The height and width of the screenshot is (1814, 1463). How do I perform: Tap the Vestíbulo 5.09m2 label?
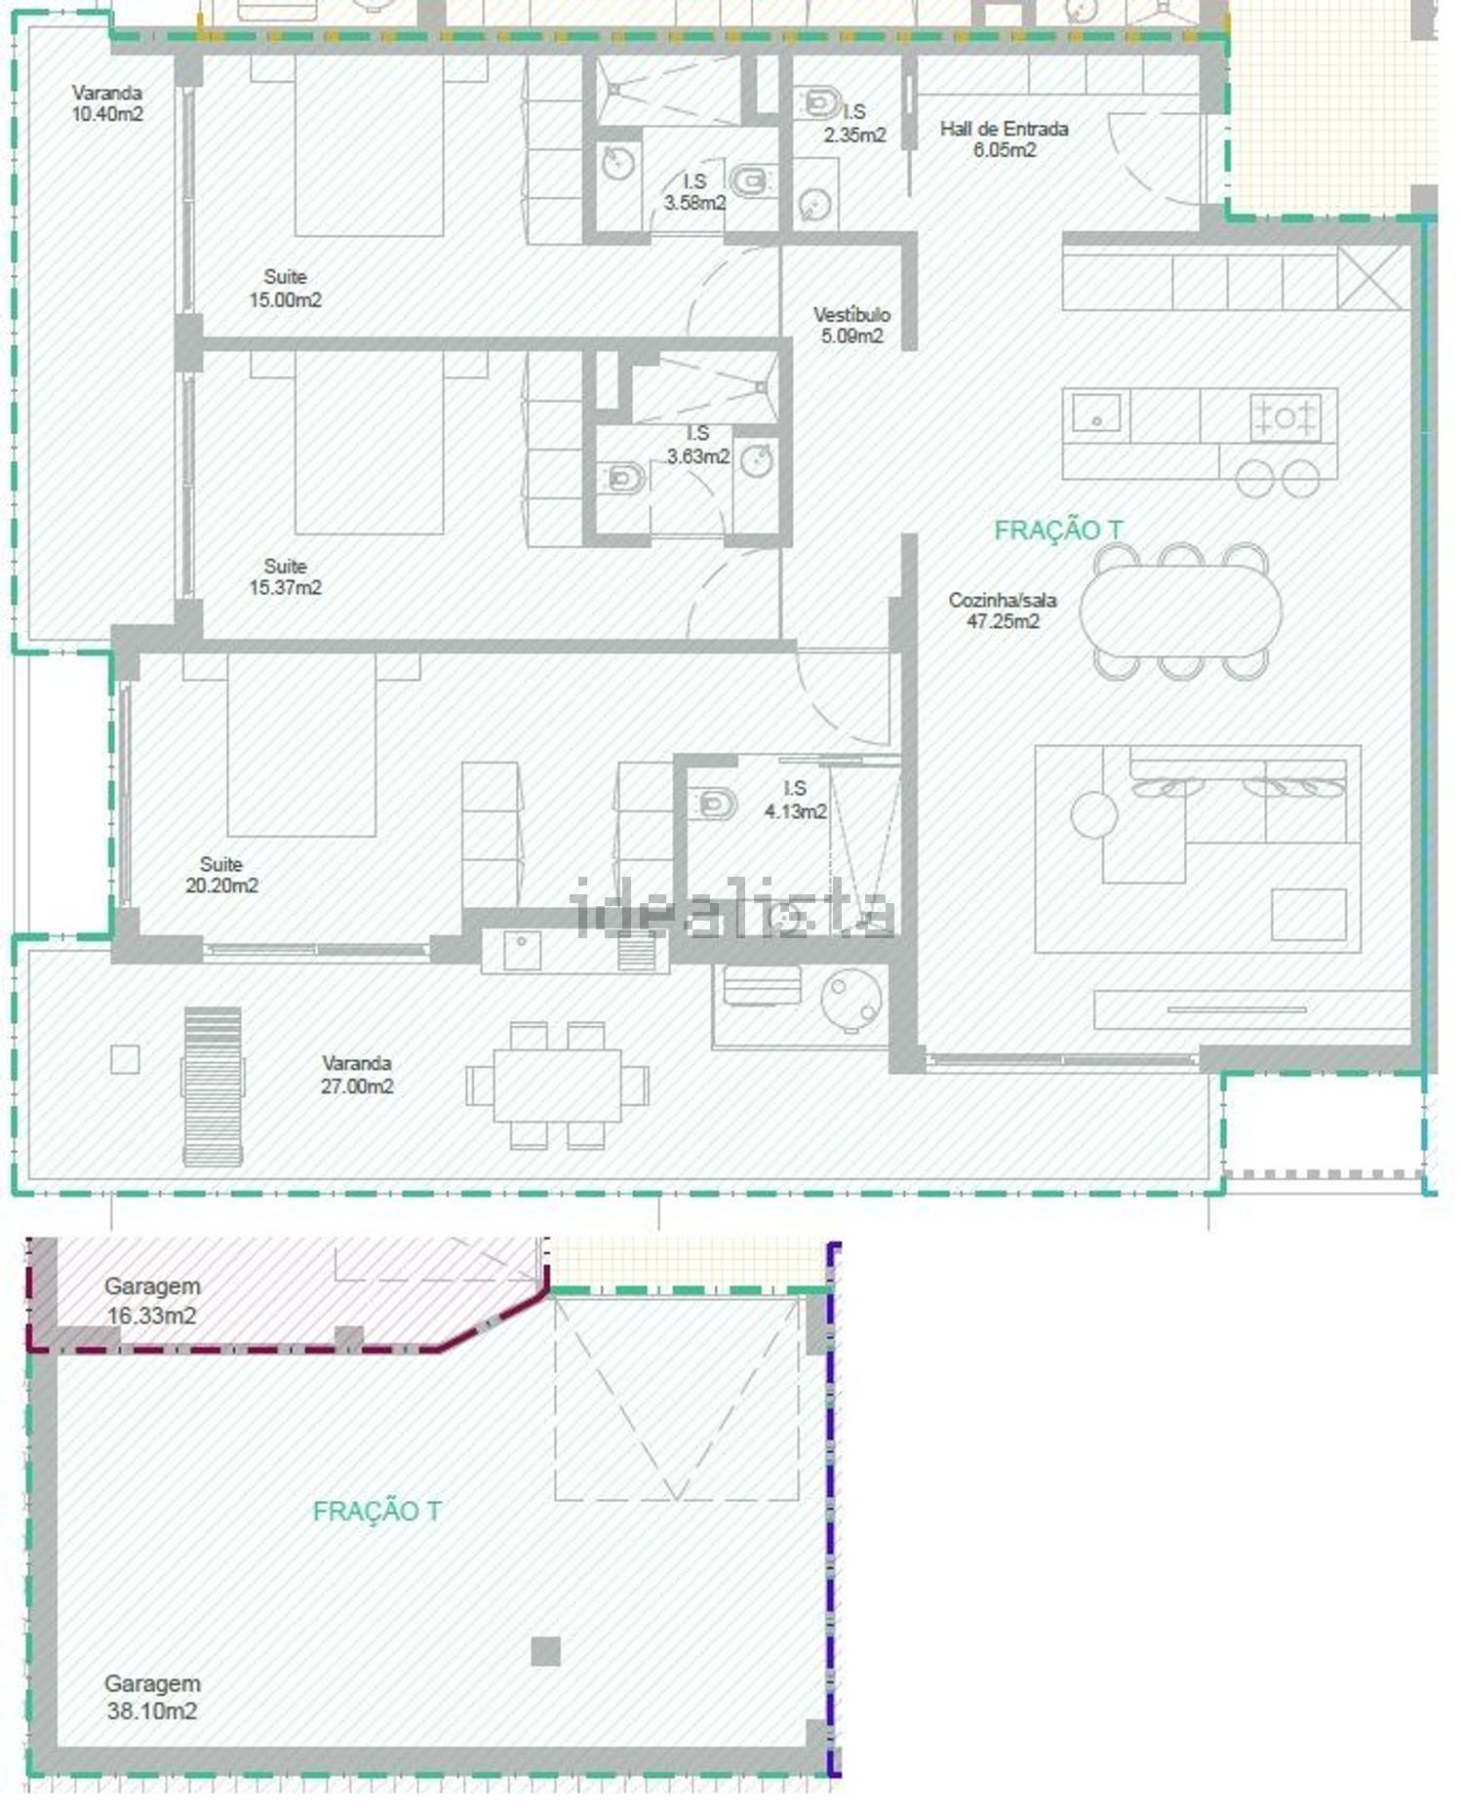tap(851, 325)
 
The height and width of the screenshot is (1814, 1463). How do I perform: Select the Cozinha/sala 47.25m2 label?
tap(1003, 611)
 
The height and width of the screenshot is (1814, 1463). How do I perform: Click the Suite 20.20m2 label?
tap(221, 875)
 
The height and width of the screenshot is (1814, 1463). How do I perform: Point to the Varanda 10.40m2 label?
tap(107, 103)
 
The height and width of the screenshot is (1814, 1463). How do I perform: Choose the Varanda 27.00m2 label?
tap(357, 1075)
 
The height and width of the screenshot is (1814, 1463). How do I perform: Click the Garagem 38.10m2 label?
tap(152, 1697)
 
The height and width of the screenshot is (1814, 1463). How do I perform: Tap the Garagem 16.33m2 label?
tap(152, 1300)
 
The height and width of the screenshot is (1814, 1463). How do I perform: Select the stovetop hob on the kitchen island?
tap(1285, 417)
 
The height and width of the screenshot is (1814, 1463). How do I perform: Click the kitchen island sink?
tap(1097, 413)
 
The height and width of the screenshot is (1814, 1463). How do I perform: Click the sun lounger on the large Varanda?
tap(213, 1085)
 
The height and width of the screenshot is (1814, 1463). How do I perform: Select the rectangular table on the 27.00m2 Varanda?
tap(557, 1085)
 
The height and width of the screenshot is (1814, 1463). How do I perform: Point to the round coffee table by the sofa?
tap(1094, 815)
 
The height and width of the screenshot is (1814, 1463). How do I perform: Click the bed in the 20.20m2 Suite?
tap(301, 745)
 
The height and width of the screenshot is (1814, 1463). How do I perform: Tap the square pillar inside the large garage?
tap(546, 1651)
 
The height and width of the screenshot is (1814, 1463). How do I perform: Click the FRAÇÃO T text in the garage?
tap(377, 1512)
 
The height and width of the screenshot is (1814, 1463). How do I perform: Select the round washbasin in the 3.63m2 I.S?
tap(757, 459)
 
